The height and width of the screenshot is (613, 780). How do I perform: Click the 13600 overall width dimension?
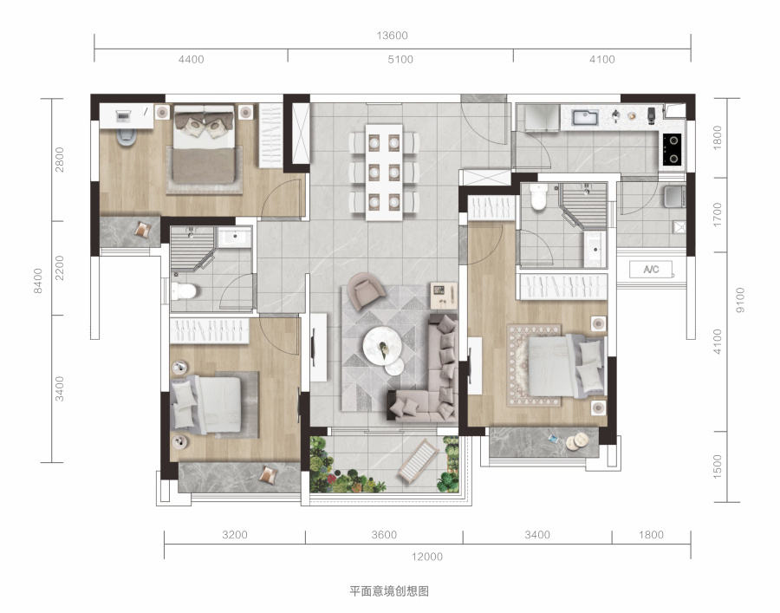coord(392,36)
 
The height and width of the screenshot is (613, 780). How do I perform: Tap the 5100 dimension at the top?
coord(400,60)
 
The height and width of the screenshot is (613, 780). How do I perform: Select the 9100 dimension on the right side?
coord(740,300)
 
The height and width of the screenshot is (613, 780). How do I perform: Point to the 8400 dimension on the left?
coord(38,281)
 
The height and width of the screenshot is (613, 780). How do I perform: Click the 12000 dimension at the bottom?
coord(426,557)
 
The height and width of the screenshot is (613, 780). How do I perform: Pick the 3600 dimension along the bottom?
coord(384,535)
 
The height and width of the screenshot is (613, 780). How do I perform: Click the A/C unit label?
coord(651,269)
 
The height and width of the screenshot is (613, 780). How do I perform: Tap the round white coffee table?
coord(382,345)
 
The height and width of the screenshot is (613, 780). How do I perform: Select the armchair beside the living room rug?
coord(366,291)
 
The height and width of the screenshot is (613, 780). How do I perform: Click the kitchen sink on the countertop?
coord(585,117)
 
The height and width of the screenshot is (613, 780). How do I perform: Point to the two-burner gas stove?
coord(672,149)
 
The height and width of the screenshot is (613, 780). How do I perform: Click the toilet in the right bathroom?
coord(538,197)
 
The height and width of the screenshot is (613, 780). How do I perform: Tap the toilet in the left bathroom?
coord(184,290)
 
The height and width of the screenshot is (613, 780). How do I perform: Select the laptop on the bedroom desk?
coord(122,116)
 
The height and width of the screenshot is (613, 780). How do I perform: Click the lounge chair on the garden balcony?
coord(419,460)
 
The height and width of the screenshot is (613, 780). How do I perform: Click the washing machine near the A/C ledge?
coord(675,196)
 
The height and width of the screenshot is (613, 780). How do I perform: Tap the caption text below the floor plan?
coord(389,591)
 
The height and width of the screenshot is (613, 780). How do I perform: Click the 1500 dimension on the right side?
coord(717,466)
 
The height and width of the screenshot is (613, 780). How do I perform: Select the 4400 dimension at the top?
coord(191,60)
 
